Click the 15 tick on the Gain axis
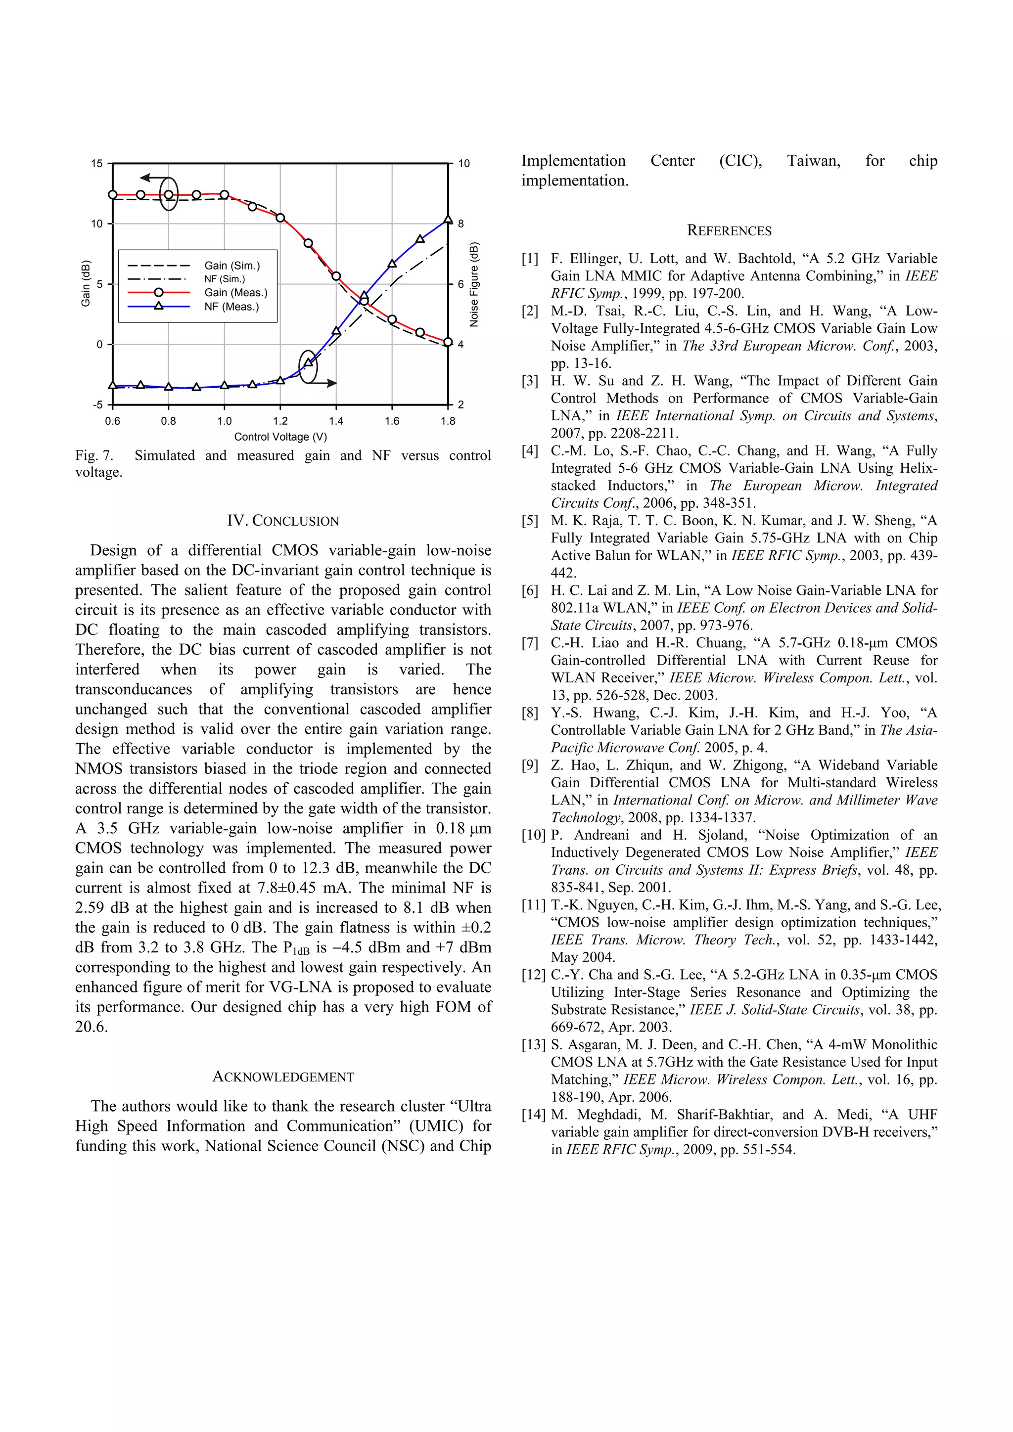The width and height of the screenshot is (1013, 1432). click(x=96, y=163)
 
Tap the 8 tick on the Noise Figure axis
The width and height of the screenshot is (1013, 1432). click(x=461, y=224)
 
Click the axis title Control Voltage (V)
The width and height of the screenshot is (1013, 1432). click(x=280, y=437)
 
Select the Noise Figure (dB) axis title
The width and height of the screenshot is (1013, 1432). click(x=474, y=284)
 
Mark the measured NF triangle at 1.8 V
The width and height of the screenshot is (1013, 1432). click(x=448, y=219)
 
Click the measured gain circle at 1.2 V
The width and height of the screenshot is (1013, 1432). click(x=280, y=218)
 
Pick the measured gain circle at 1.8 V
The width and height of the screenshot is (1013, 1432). click(x=448, y=342)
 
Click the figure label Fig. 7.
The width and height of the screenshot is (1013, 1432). click(x=94, y=455)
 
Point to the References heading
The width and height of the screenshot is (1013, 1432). click(x=729, y=231)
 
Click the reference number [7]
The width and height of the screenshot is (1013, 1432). click(x=530, y=643)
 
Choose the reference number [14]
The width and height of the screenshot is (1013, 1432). click(x=533, y=1115)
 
